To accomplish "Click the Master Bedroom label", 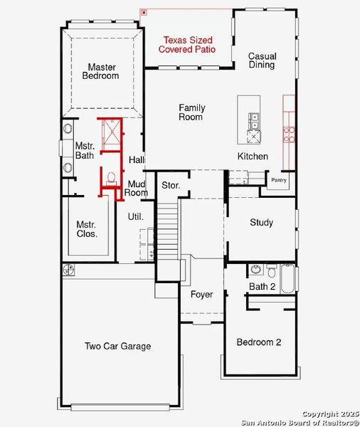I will (x=100, y=71).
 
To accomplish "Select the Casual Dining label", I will (x=262, y=60).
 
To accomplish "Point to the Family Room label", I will (x=191, y=112).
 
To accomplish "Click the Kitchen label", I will (x=253, y=156).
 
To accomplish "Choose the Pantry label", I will (x=278, y=180).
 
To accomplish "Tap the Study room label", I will (x=261, y=223).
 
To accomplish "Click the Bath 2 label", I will (x=262, y=286).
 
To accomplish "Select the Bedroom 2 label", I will (x=258, y=342).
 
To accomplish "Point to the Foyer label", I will (x=201, y=295).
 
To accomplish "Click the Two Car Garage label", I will (x=117, y=347).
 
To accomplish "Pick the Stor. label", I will (x=171, y=186).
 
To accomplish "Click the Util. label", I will (x=135, y=216).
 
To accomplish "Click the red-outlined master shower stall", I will (x=111, y=135).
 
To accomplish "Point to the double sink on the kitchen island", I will (x=253, y=121).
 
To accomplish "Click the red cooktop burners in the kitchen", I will (x=290, y=134).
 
